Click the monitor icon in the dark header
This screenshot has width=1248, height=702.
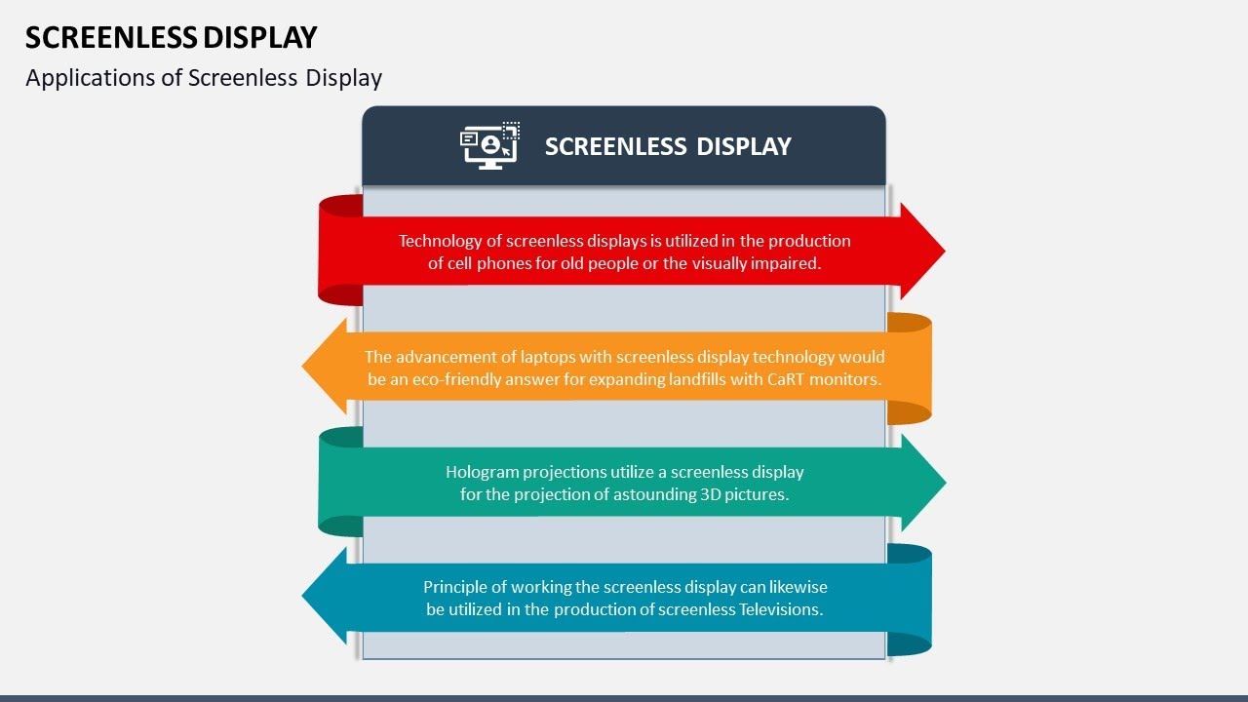[x=489, y=146]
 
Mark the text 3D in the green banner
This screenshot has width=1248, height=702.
[x=712, y=494]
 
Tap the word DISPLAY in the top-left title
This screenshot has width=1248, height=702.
[x=259, y=37]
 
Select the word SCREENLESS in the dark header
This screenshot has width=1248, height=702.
[x=615, y=146]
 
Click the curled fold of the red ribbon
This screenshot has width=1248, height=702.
[x=340, y=250]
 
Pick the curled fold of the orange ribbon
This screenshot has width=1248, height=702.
[x=910, y=369]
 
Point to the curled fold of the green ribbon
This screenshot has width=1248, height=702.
[x=340, y=482]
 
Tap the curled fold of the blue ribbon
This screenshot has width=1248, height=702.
[x=910, y=600]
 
